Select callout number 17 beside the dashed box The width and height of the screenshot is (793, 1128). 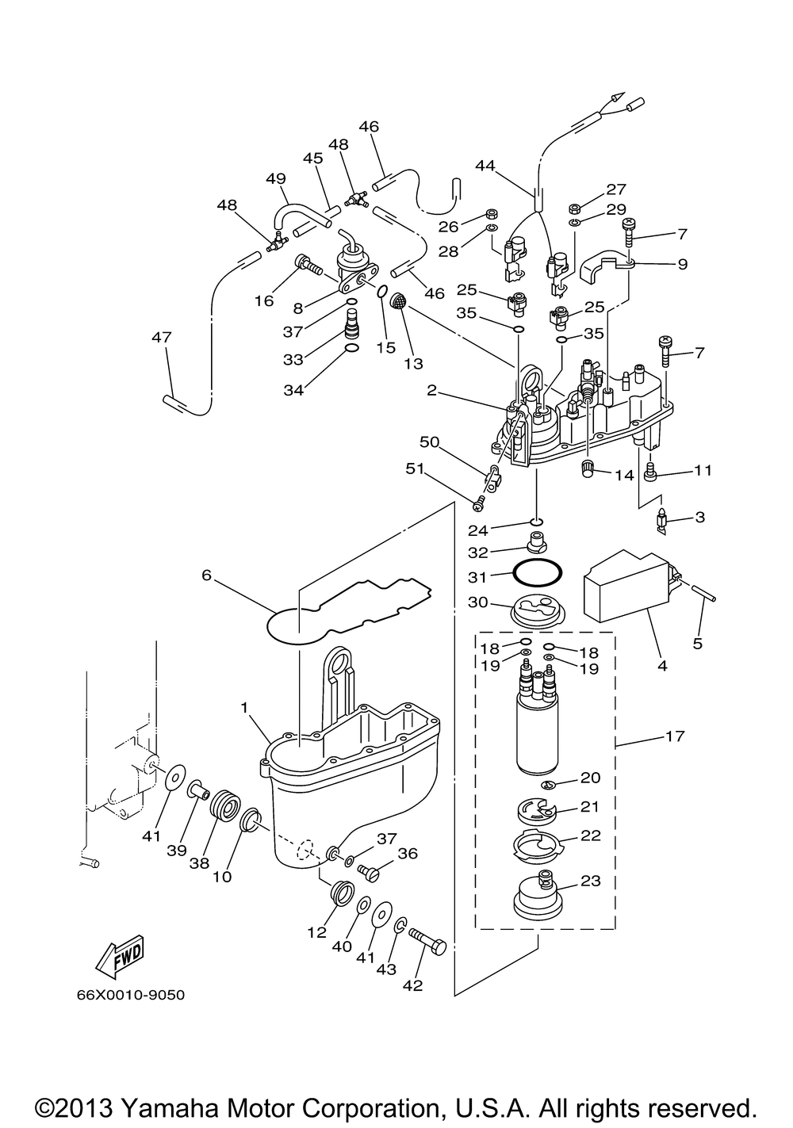click(x=675, y=736)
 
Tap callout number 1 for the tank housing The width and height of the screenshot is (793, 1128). click(x=244, y=708)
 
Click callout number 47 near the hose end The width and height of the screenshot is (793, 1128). click(x=162, y=337)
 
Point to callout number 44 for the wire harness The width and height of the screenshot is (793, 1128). click(x=485, y=165)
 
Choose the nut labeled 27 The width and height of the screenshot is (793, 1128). click(x=573, y=208)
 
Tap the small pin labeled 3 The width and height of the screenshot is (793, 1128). click(x=662, y=522)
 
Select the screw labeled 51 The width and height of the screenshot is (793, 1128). click(x=479, y=501)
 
